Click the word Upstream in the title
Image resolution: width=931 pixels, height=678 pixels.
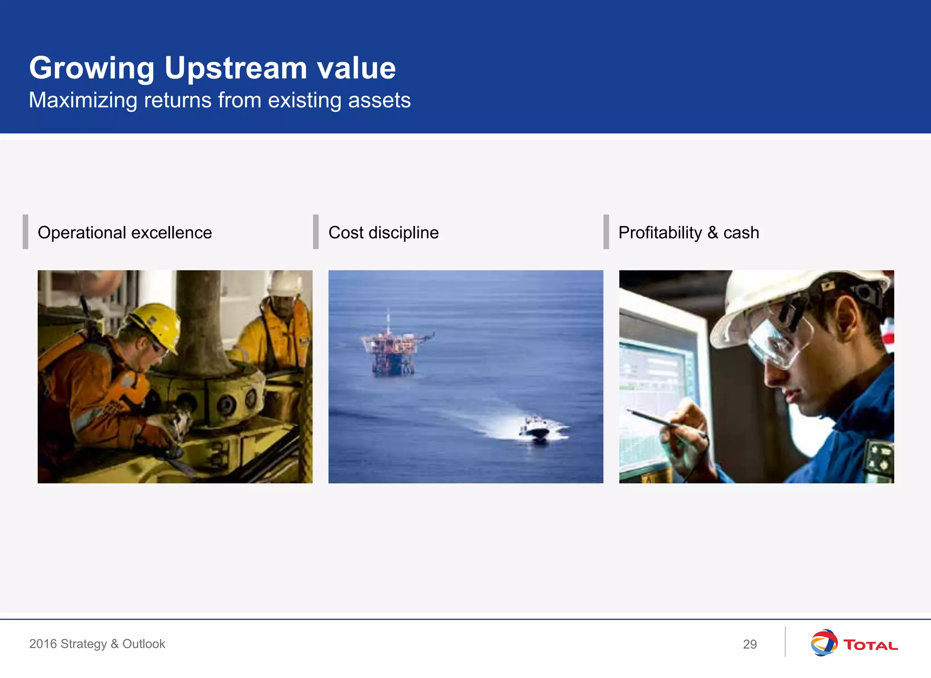235,68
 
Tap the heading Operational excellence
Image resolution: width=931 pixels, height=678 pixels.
125,233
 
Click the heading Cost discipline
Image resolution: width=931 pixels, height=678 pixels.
383,233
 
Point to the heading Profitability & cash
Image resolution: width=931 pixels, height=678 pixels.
688,233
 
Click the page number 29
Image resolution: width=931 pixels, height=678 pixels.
750,644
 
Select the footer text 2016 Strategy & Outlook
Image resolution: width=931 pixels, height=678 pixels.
97,644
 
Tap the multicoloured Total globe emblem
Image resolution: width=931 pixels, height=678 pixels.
824,643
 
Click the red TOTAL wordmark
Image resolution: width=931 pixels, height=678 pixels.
870,645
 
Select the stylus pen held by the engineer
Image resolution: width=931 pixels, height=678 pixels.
655,419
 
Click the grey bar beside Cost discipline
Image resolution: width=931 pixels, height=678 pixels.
315,232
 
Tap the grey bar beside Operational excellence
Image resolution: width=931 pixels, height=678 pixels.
25,232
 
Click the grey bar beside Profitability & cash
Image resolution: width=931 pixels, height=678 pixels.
606,232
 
